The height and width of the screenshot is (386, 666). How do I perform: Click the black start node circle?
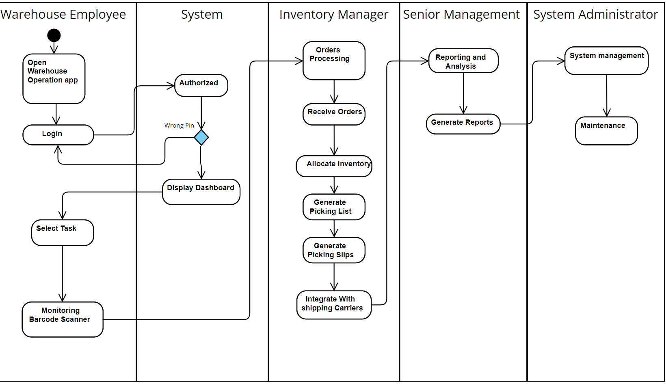(x=54, y=35)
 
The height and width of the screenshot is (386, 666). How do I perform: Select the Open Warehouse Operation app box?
(x=54, y=78)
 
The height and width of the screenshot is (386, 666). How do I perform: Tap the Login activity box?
(x=58, y=134)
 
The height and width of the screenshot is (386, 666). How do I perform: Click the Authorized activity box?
(x=201, y=85)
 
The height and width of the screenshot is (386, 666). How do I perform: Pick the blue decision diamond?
(x=201, y=137)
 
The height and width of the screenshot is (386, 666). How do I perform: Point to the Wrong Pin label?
(x=179, y=126)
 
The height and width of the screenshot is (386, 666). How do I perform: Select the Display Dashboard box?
(x=201, y=192)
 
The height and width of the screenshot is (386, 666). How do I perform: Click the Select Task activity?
(x=63, y=232)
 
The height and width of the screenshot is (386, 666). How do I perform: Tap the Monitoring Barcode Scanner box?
(x=63, y=319)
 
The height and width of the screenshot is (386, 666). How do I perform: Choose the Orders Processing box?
(x=334, y=60)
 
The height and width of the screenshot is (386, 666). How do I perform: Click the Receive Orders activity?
(x=334, y=114)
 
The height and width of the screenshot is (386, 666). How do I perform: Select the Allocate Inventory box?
(x=334, y=166)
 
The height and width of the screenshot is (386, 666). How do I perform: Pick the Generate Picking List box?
(x=334, y=207)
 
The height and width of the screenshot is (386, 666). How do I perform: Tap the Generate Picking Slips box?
(x=334, y=250)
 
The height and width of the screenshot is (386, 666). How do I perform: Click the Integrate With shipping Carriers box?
(x=334, y=304)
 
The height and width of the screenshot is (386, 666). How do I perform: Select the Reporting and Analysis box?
(x=463, y=61)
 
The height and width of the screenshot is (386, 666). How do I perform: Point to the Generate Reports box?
(x=463, y=124)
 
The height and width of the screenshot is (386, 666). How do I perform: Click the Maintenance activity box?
(x=606, y=130)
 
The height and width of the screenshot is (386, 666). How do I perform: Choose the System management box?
(x=606, y=60)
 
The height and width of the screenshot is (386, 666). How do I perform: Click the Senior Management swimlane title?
(x=461, y=14)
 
